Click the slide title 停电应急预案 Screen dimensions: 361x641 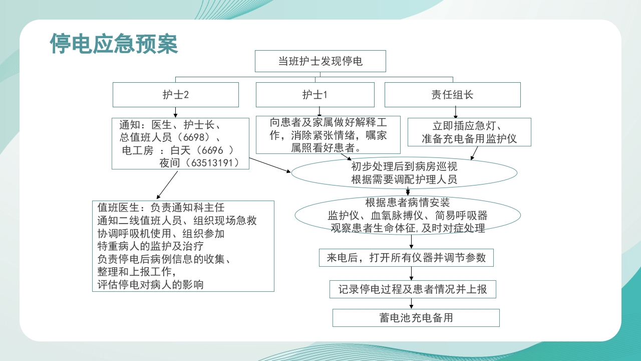(114, 44)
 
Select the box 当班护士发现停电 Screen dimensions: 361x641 (320, 62)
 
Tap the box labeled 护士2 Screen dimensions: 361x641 (175, 95)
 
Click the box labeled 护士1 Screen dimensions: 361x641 (315, 95)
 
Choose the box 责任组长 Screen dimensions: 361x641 (452, 95)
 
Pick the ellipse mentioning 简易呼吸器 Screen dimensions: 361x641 (408, 216)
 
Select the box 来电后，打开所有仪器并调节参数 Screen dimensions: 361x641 (406, 258)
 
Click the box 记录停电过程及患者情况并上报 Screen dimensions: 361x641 (413, 289)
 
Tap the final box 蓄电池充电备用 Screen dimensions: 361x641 (416, 318)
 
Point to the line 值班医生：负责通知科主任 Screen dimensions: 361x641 (161, 207)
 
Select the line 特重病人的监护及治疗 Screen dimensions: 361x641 (150, 246)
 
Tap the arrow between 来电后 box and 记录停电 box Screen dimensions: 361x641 (412, 273)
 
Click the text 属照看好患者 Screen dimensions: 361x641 (328, 148)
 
